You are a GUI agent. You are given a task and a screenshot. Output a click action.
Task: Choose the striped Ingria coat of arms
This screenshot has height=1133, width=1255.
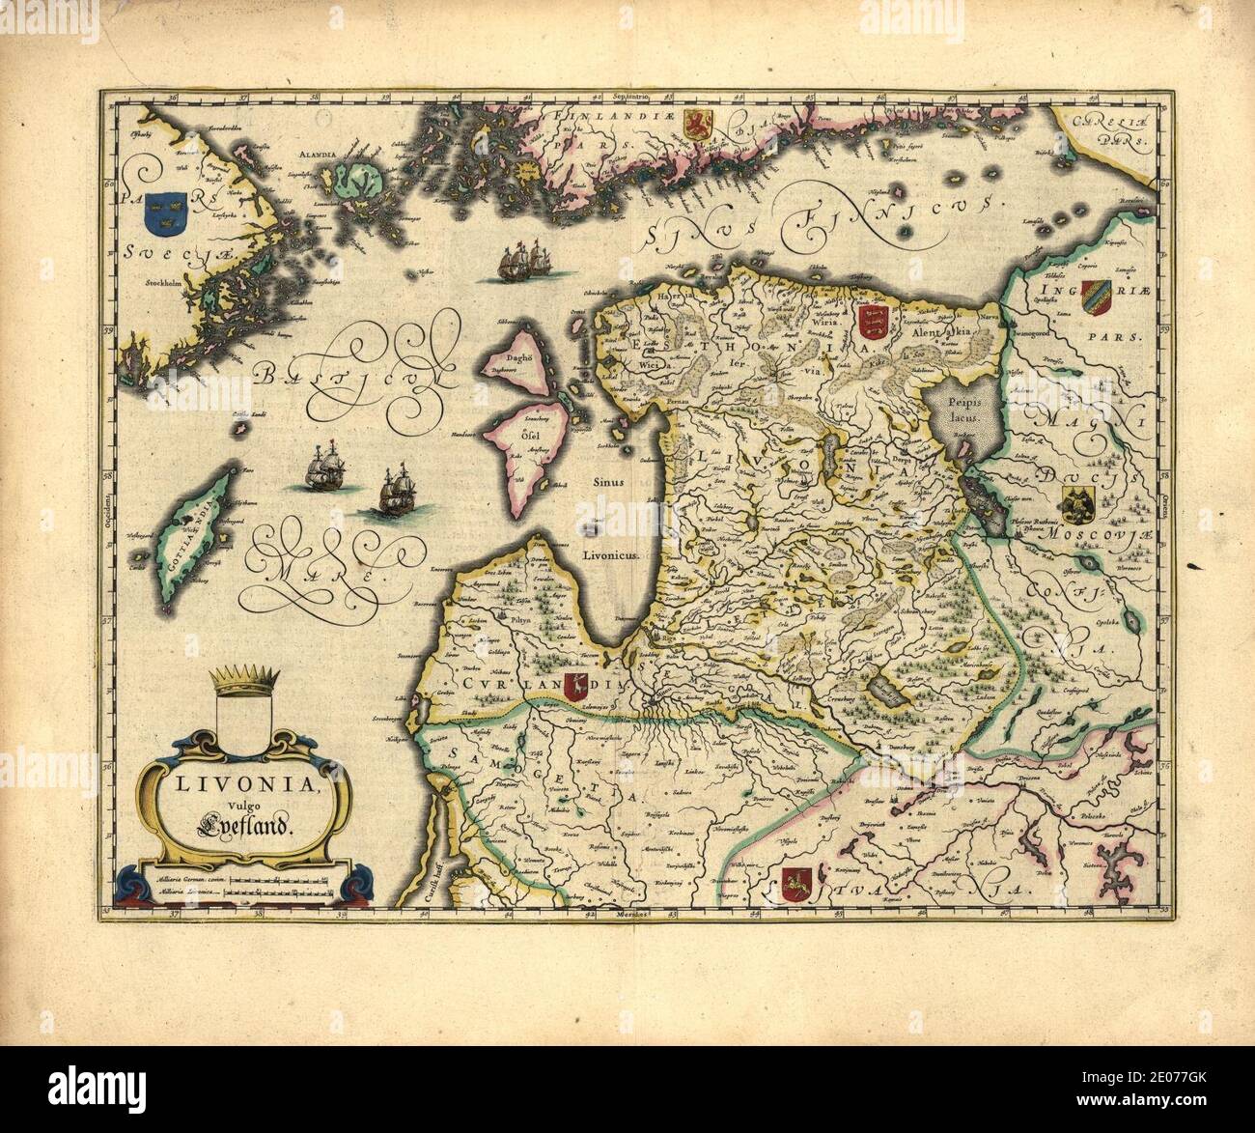click(1093, 295)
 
